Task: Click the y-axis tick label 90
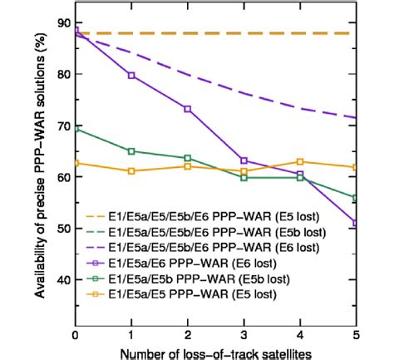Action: (x=61, y=22)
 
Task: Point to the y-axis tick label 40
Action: (x=61, y=279)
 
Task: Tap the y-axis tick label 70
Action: (x=61, y=126)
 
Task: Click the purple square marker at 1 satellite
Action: (x=131, y=76)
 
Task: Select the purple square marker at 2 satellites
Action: (x=188, y=109)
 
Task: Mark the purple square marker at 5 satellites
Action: (x=356, y=222)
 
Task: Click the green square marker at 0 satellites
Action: (x=76, y=129)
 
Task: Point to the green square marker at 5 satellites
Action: (x=356, y=198)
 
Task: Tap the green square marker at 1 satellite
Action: (x=131, y=151)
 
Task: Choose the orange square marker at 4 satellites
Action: (x=300, y=161)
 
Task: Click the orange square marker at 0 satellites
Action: (x=76, y=163)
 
